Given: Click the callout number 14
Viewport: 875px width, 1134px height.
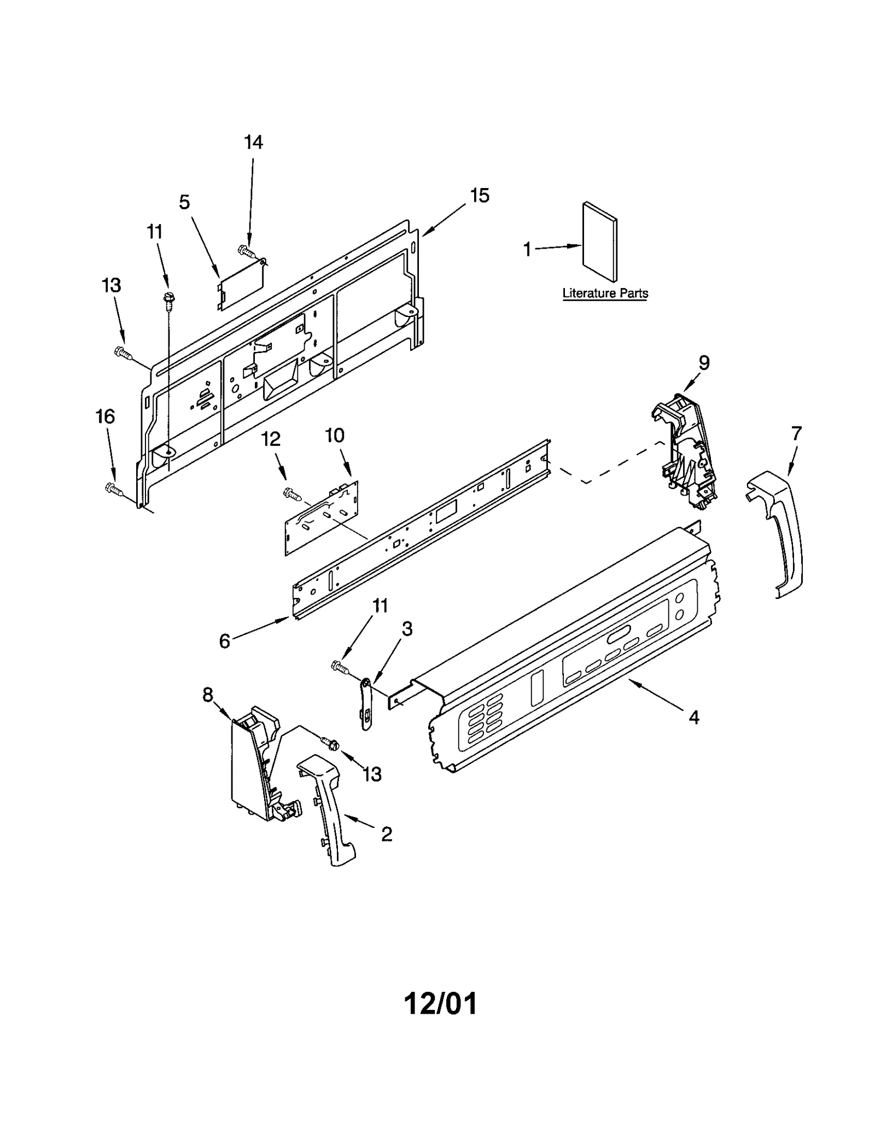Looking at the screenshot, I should pos(253,143).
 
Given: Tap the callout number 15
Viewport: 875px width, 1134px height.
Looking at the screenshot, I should pos(480,196).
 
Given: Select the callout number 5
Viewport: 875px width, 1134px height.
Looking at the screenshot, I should pos(184,202).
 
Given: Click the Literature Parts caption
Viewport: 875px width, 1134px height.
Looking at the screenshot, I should pos(605,293).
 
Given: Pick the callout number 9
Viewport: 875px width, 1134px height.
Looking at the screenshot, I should pos(704,362).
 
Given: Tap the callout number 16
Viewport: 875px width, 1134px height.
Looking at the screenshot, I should pos(106,417).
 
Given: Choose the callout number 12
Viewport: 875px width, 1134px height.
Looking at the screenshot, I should pos(271,438).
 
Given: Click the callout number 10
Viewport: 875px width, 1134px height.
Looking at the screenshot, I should pos(335,436).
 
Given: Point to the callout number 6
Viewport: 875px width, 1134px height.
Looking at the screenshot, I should pos(224,641).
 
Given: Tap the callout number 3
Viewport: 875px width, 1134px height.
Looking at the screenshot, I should pos(407,629).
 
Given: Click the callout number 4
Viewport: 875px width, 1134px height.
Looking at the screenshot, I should pos(693,717).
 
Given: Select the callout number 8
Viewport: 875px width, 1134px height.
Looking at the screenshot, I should pos(207,695).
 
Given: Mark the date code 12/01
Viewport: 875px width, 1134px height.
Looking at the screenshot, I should pos(440,1003).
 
